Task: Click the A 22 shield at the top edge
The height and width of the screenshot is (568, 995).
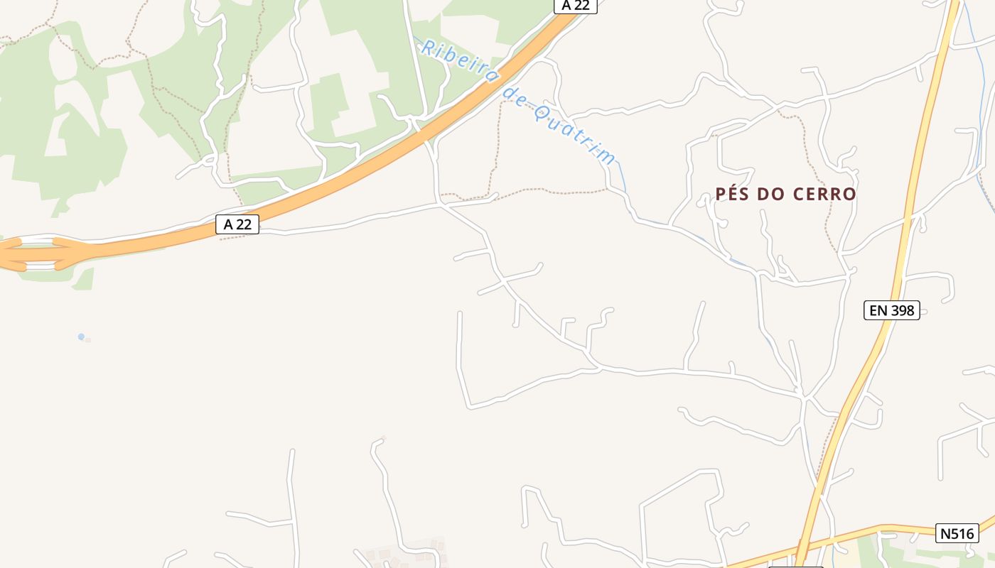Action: pyautogui.click(x=575, y=6)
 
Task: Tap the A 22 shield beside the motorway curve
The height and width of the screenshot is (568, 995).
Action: pyautogui.click(x=237, y=224)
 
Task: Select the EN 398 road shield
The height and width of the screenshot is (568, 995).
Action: pyautogui.click(x=891, y=310)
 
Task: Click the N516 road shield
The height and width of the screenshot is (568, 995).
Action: pyautogui.click(x=957, y=533)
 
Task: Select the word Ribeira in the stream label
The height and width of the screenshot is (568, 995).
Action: pyautogui.click(x=458, y=60)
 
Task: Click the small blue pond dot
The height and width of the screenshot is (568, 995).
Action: pyautogui.click(x=81, y=337)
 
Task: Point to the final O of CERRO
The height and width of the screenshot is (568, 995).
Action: pyautogui.click(x=849, y=194)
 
